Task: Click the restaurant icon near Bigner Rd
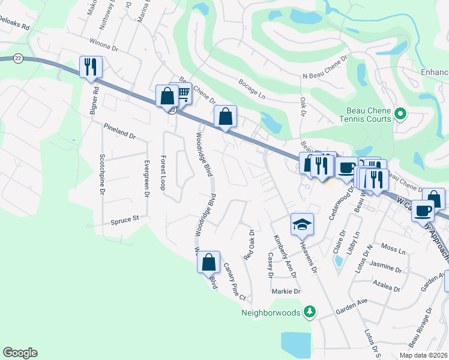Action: tap(91, 67)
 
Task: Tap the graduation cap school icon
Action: tap(302, 224)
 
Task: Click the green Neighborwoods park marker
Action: tap(309, 311)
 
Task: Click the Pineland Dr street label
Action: tap(119, 130)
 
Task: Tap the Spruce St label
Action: tap(124, 220)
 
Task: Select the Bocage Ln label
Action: tap(252, 89)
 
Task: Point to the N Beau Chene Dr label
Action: tap(325, 67)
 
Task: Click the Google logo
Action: tap(20, 353)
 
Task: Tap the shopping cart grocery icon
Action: tap(182, 92)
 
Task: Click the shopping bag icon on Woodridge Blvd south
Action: tap(208, 262)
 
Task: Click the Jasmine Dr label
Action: tap(385, 268)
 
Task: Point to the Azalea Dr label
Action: tap(386, 285)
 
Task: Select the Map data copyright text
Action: tap(423, 355)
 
